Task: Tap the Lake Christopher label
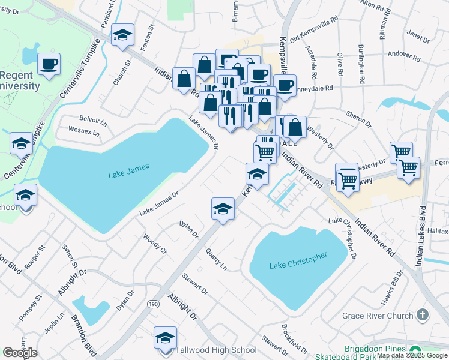(x=298, y=260)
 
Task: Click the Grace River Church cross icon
(x=423, y=314)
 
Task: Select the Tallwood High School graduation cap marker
(x=165, y=338)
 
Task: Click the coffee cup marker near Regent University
(x=49, y=64)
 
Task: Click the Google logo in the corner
(x=20, y=353)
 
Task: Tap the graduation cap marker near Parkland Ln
(x=122, y=36)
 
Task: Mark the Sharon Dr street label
(x=359, y=118)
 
